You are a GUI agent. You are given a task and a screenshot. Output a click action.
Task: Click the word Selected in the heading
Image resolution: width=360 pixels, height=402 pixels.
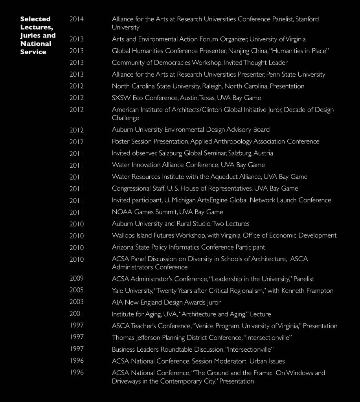(x=35, y=19)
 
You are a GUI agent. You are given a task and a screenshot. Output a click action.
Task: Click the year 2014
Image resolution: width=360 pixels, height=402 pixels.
(x=77, y=19)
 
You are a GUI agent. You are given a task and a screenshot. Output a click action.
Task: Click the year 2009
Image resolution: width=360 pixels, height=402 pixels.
(x=77, y=279)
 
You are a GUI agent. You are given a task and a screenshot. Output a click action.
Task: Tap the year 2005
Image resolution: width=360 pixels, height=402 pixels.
(x=77, y=290)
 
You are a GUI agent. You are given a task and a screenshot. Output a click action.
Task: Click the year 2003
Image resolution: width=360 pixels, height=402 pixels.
(x=77, y=302)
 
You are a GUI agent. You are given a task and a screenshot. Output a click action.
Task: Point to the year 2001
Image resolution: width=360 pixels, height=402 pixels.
(x=77, y=314)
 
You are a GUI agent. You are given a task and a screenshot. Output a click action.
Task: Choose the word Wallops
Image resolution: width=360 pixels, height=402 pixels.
(x=124, y=235)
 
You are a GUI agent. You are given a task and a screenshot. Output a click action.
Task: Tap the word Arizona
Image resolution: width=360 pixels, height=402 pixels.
(x=123, y=247)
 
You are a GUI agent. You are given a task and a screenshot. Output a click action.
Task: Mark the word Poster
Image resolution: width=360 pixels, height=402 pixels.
(x=121, y=141)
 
